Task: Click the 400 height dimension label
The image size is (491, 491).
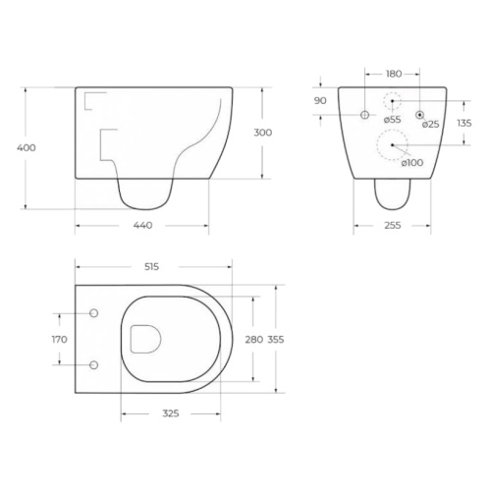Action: [27, 147]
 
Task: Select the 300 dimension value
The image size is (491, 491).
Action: [263, 133]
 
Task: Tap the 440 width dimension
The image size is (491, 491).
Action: [143, 225]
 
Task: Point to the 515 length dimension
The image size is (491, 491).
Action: [151, 267]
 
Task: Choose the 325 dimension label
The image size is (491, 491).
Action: [171, 413]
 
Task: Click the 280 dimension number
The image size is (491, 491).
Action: [254, 340]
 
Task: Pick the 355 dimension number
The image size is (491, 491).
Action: [276, 340]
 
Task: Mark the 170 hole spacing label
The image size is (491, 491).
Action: [60, 339]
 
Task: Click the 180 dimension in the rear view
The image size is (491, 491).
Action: [394, 74]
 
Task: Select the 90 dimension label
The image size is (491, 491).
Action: [320, 100]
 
